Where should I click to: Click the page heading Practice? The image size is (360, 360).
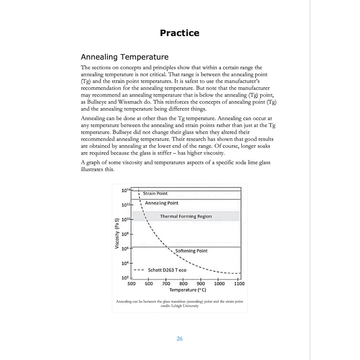179,33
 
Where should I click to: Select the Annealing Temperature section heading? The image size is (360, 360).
124,57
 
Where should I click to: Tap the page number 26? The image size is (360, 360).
179,339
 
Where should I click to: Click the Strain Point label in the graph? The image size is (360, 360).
155,193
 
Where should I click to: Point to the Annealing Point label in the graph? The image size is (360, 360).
161,203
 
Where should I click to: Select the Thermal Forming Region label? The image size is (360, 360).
186,216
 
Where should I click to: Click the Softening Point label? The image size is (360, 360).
191,251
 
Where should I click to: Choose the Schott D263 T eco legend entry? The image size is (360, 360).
167,270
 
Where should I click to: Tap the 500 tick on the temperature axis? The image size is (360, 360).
131,283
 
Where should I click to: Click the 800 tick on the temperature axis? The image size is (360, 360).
183,283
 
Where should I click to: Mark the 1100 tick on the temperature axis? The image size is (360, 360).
239,283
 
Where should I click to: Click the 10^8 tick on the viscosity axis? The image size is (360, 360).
125,234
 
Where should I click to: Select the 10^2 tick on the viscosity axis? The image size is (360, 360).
125,278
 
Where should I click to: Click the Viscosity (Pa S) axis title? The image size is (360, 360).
117,233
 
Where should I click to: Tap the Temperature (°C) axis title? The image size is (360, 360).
187,290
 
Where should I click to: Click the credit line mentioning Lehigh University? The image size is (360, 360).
179,306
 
